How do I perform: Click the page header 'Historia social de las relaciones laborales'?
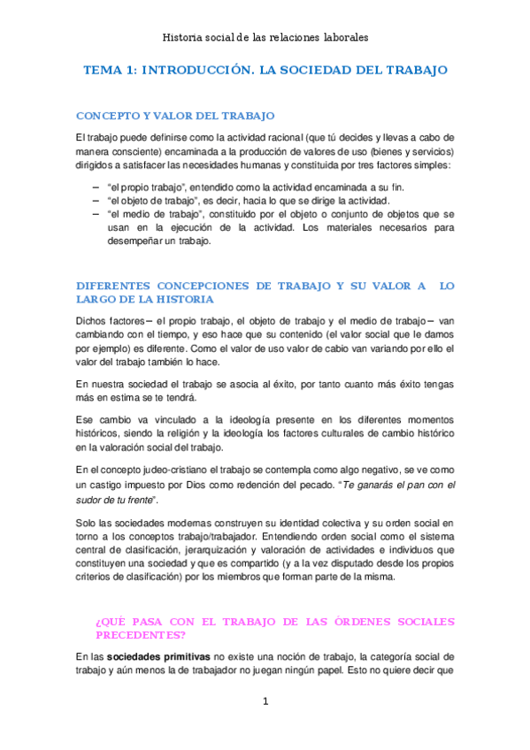point(265,38)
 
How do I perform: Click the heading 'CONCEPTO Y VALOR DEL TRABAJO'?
point(175,116)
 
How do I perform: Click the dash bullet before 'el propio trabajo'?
point(96,187)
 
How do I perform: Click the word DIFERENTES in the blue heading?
point(113,286)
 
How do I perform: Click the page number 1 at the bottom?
point(265,701)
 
